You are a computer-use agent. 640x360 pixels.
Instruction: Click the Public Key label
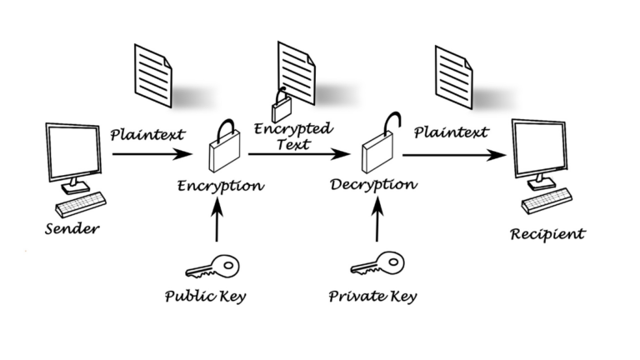204,295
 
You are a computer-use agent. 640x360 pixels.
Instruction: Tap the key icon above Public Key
212,267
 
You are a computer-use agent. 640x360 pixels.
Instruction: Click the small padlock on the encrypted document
282,107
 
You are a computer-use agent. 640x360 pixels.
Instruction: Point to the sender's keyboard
81,202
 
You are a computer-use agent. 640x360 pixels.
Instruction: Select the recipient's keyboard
547,200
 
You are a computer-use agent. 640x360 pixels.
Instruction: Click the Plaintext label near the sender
147,133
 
